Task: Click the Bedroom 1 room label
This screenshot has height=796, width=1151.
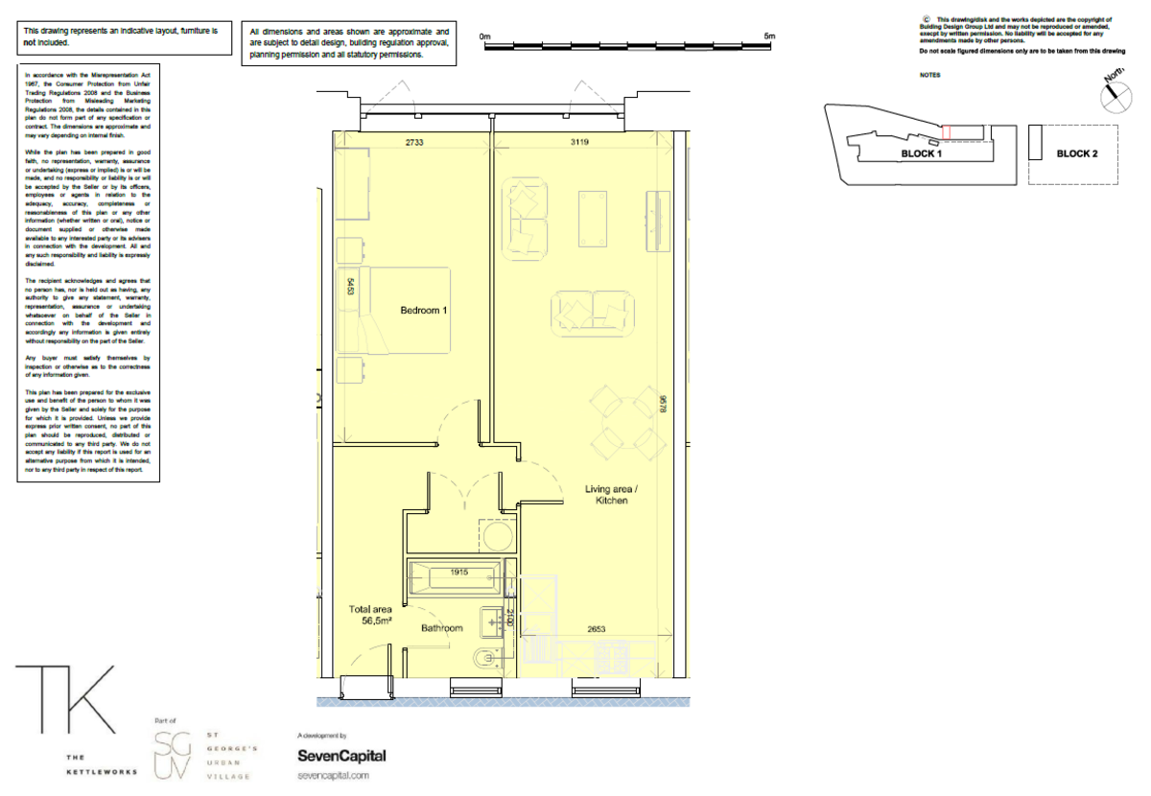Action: coord(424,311)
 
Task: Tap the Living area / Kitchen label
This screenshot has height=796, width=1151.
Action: coord(611,495)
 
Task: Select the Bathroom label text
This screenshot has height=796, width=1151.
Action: coord(442,629)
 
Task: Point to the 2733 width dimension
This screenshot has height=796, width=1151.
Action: coord(414,142)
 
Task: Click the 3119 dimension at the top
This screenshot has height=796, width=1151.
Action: coord(579,142)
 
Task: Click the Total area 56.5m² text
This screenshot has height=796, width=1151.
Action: coord(370,615)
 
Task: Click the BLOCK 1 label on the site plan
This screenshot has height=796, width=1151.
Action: coord(921,153)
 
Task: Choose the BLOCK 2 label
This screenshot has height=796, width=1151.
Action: coord(1077,153)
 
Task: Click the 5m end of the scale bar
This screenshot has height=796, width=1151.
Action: coord(769,36)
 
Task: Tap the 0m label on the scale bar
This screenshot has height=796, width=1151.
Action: coord(484,36)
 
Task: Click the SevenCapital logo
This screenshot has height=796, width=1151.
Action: coord(341,756)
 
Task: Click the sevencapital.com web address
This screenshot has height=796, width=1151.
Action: coord(333,775)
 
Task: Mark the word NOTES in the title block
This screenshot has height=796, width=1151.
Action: coord(929,75)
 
